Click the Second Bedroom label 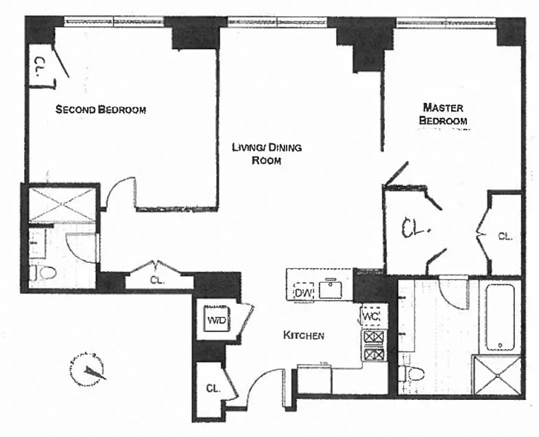102,110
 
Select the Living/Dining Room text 266,154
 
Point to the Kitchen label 303,336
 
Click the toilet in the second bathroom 44,274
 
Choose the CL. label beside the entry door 213,388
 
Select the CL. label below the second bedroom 156,279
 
